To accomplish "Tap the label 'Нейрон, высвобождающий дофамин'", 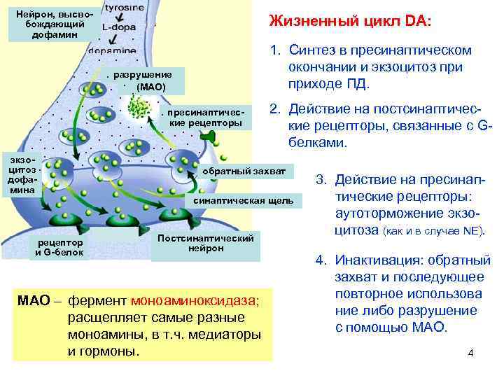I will tap(50, 24).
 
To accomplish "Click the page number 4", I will tap(471, 352).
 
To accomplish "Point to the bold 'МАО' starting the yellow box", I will tap(32, 301).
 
